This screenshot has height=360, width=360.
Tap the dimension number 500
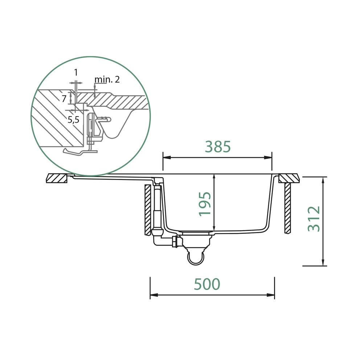(x=207, y=284)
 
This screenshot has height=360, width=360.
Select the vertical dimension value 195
(x=205, y=204)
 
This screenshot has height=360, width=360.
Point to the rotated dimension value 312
(x=314, y=218)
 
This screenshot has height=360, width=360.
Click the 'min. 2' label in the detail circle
(x=107, y=79)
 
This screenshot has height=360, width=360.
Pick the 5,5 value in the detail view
(x=73, y=119)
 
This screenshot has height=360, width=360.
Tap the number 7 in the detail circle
(x=64, y=99)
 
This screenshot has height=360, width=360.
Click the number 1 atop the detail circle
(x=76, y=72)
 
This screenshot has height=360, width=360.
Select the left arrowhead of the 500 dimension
(x=154, y=295)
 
